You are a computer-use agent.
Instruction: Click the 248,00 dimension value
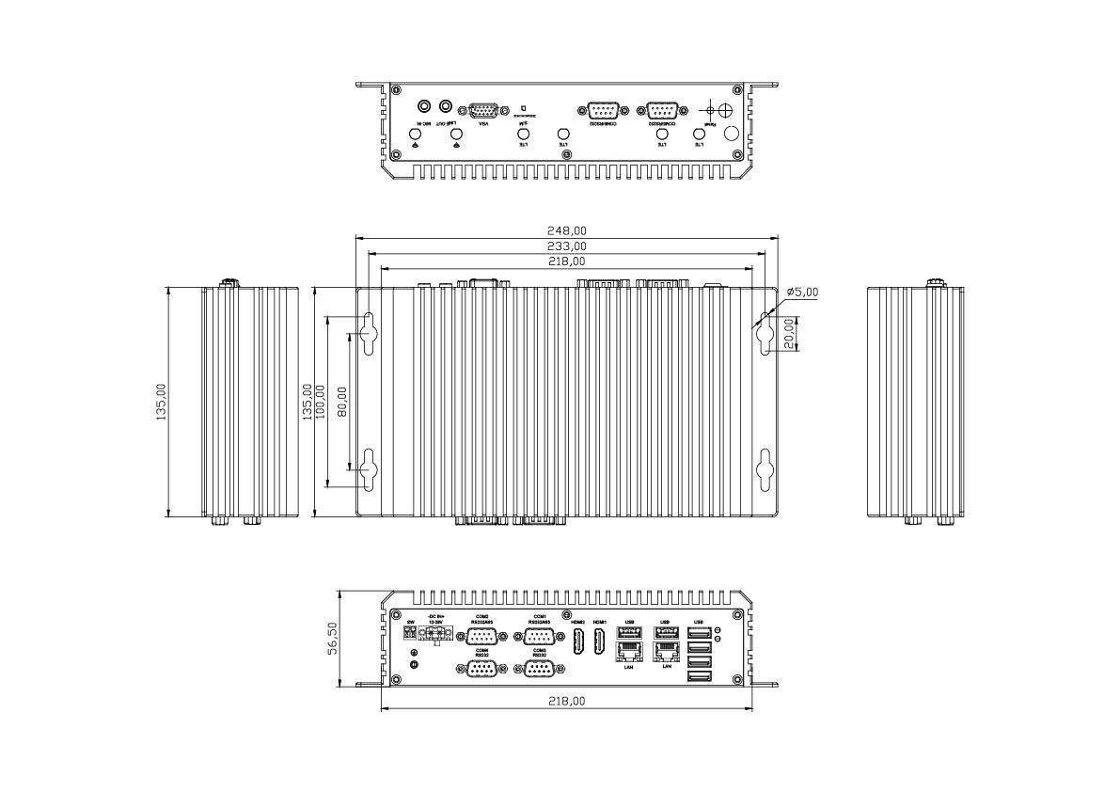click(567, 230)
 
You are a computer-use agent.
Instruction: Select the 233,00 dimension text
click(567, 246)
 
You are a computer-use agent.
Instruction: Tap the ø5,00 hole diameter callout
click(802, 293)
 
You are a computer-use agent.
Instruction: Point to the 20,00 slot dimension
click(789, 332)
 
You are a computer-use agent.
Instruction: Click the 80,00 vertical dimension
click(342, 402)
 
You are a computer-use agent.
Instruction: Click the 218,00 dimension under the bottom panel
click(567, 702)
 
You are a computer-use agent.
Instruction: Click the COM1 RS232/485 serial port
click(540, 637)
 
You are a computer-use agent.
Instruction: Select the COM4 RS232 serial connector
click(481, 668)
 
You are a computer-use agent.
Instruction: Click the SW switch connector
click(411, 635)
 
